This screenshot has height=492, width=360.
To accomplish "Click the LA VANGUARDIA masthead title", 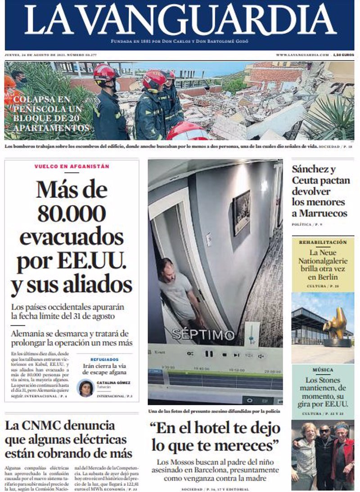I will pos(180,20).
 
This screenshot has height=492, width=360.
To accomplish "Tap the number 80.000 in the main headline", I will pos(72,213).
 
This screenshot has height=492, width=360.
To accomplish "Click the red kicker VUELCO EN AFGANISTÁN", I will pos(72,167).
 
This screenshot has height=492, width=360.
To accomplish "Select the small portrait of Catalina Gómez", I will pos(85,388).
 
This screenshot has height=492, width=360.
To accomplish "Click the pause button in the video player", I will pos(209,354).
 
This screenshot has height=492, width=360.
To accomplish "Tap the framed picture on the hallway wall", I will pos(241,212).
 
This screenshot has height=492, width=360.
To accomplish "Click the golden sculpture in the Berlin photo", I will pos(336,324).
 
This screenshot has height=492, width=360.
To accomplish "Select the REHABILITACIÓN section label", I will pos(323,242).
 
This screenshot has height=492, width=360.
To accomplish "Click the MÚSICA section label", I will pos(323,370).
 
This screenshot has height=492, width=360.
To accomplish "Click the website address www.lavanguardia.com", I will pos(302,55).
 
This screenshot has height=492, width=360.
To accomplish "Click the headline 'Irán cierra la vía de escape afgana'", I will pos(104,370).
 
